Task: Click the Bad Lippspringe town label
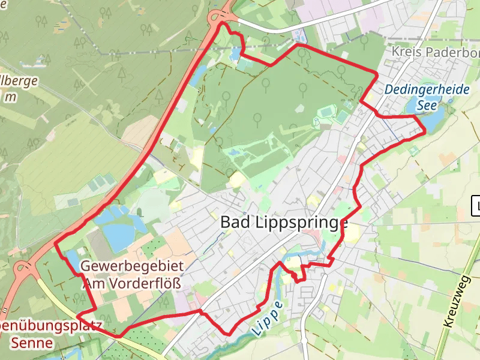(x=284, y=222)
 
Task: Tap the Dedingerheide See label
(x=427, y=96)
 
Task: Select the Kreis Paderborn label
(x=434, y=52)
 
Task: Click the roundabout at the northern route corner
(x=222, y=18)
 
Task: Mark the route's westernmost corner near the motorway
(x=56, y=244)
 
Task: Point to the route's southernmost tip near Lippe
(x=229, y=334)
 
